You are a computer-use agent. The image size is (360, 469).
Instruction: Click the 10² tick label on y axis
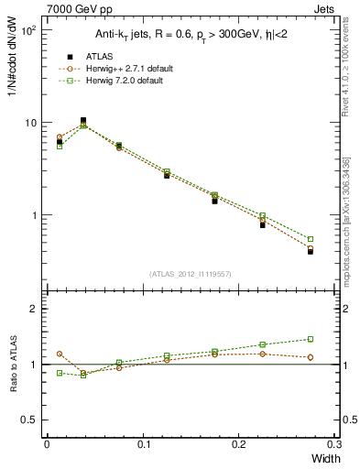tap(28, 30)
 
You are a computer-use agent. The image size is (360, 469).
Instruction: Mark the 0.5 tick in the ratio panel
tap(29, 420)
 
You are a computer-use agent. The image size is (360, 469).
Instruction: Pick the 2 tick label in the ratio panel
tap(34, 309)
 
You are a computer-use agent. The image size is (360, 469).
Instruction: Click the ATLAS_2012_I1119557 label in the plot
tap(189, 274)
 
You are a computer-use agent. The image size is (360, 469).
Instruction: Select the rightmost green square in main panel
tap(311, 239)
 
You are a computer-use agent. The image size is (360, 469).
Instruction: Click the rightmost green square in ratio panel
tap(311, 339)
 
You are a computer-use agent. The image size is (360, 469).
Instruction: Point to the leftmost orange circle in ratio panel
tap(60, 354)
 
